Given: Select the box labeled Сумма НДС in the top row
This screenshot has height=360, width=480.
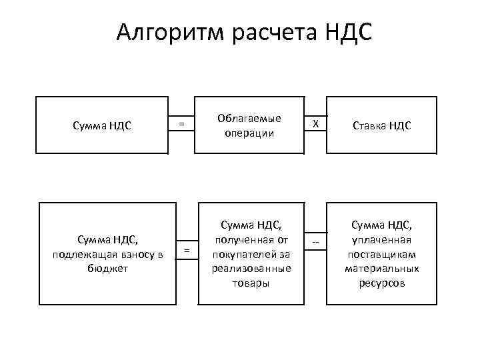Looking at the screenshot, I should [103, 125].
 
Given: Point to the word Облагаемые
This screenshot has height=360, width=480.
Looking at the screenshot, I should [249, 118].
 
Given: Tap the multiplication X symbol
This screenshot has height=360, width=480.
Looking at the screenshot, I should [317, 124].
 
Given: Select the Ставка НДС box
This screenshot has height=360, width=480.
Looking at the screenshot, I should [381, 125].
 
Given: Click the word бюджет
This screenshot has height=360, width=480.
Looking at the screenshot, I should [107, 268].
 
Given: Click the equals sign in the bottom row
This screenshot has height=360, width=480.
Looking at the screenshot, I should [187, 249].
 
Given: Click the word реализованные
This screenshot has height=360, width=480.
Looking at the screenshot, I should [248, 269].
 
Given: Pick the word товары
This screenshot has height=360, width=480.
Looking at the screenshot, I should [248, 282].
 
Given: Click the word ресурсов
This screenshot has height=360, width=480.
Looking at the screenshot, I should [382, 282].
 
